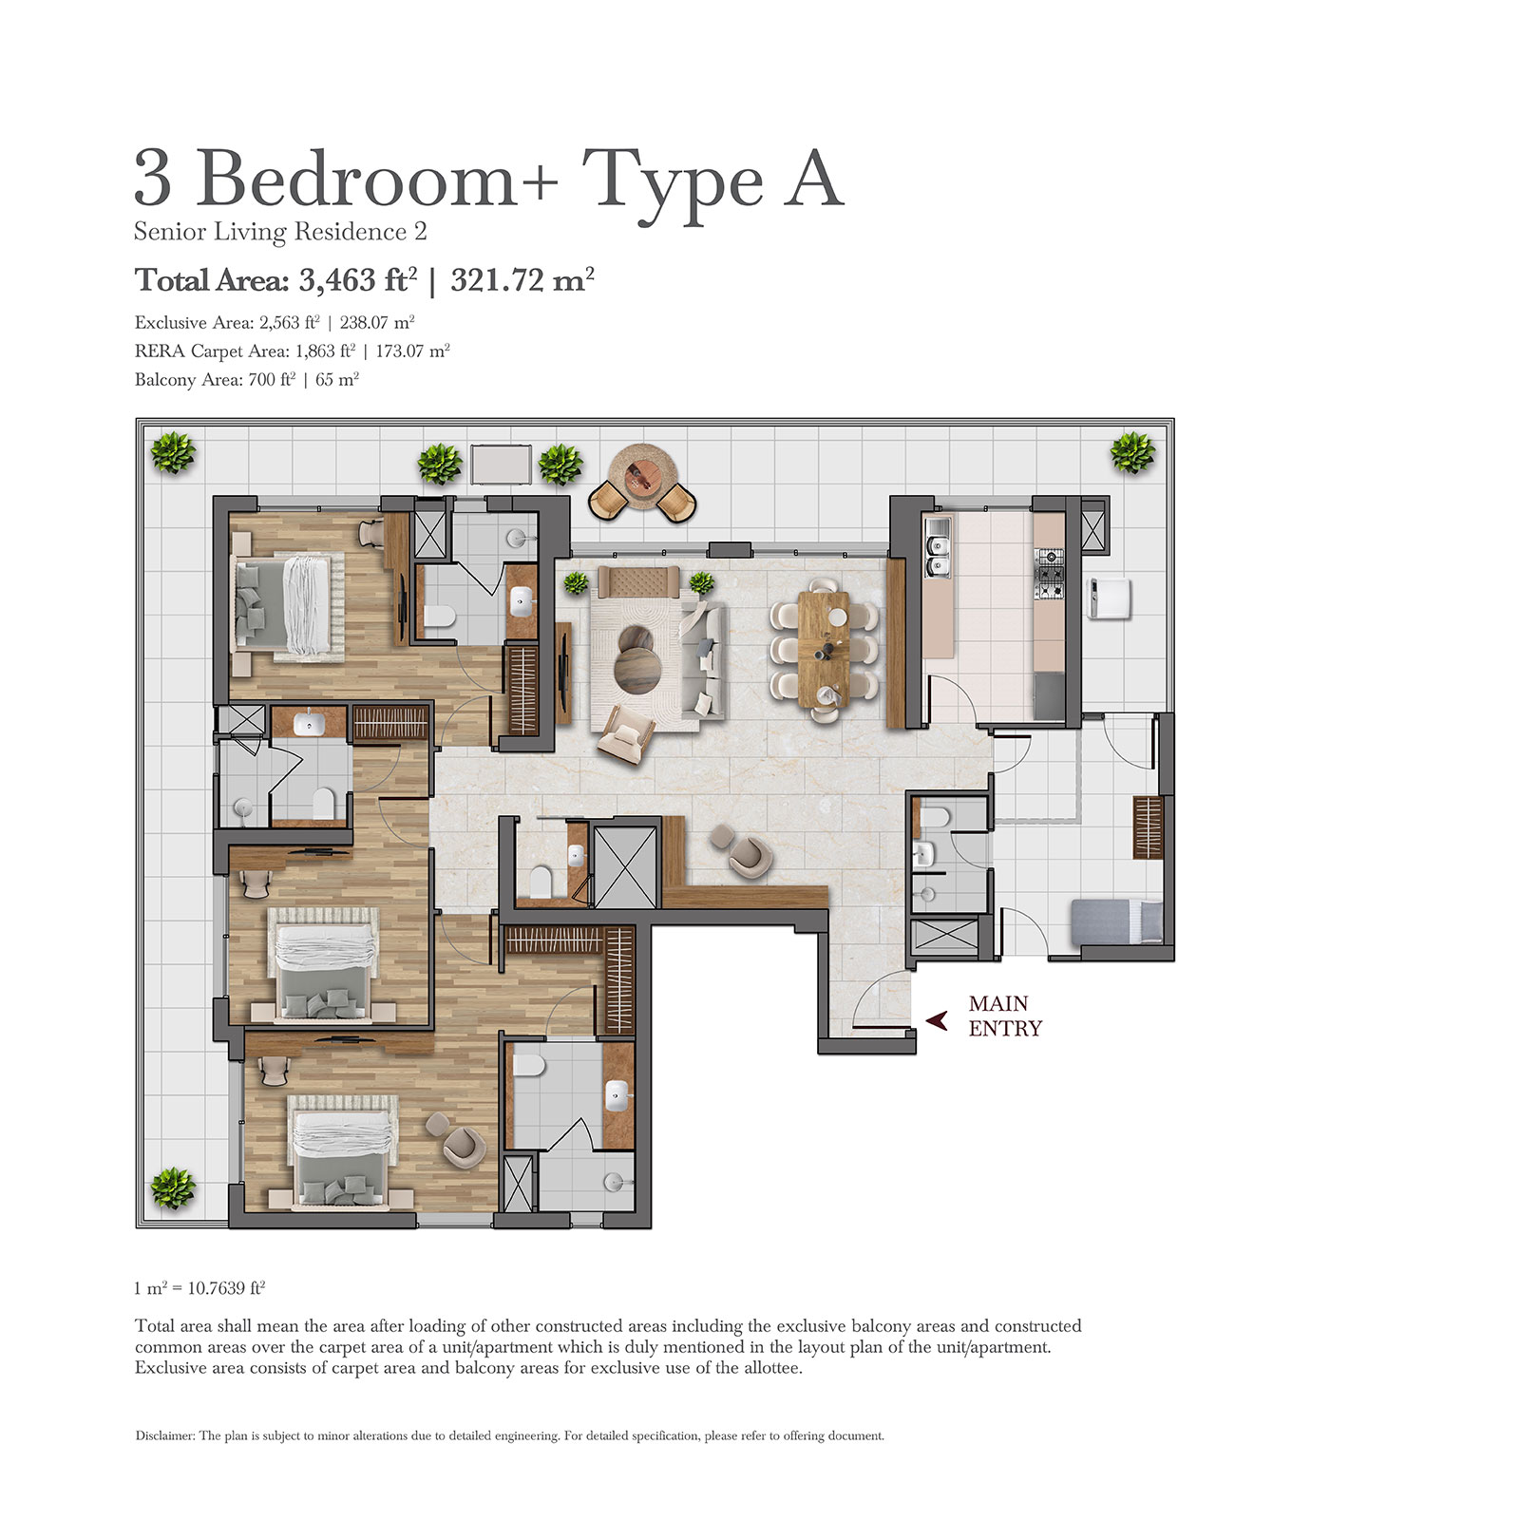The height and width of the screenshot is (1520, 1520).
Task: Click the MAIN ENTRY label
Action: pyautogui.click(x=1005, y=1016)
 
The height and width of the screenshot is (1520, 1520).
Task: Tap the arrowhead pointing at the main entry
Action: pyautogui.click(x=937, y=1021)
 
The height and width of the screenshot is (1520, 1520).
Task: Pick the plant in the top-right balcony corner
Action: pyautogui.click(x=1132, y=452)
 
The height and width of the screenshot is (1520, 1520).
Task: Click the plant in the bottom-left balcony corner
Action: pyautogui.click(x=173, y=1187)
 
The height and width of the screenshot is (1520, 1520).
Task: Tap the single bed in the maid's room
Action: pyautogui.click(x=1116, y=921)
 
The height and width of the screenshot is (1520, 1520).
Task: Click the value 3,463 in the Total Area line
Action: pyautogui.click(x=338, y=280)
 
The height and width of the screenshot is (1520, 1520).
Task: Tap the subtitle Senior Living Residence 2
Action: pyautogui.click(x=280, y=232)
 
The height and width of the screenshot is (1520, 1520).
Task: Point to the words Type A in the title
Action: pyautogui.click(x=712, y=180)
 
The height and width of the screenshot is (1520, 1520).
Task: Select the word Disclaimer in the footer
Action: pyautogui.click(x=164, y=1435)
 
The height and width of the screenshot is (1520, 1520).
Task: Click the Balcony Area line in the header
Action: pyautogui.click(x=247, y=380)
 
